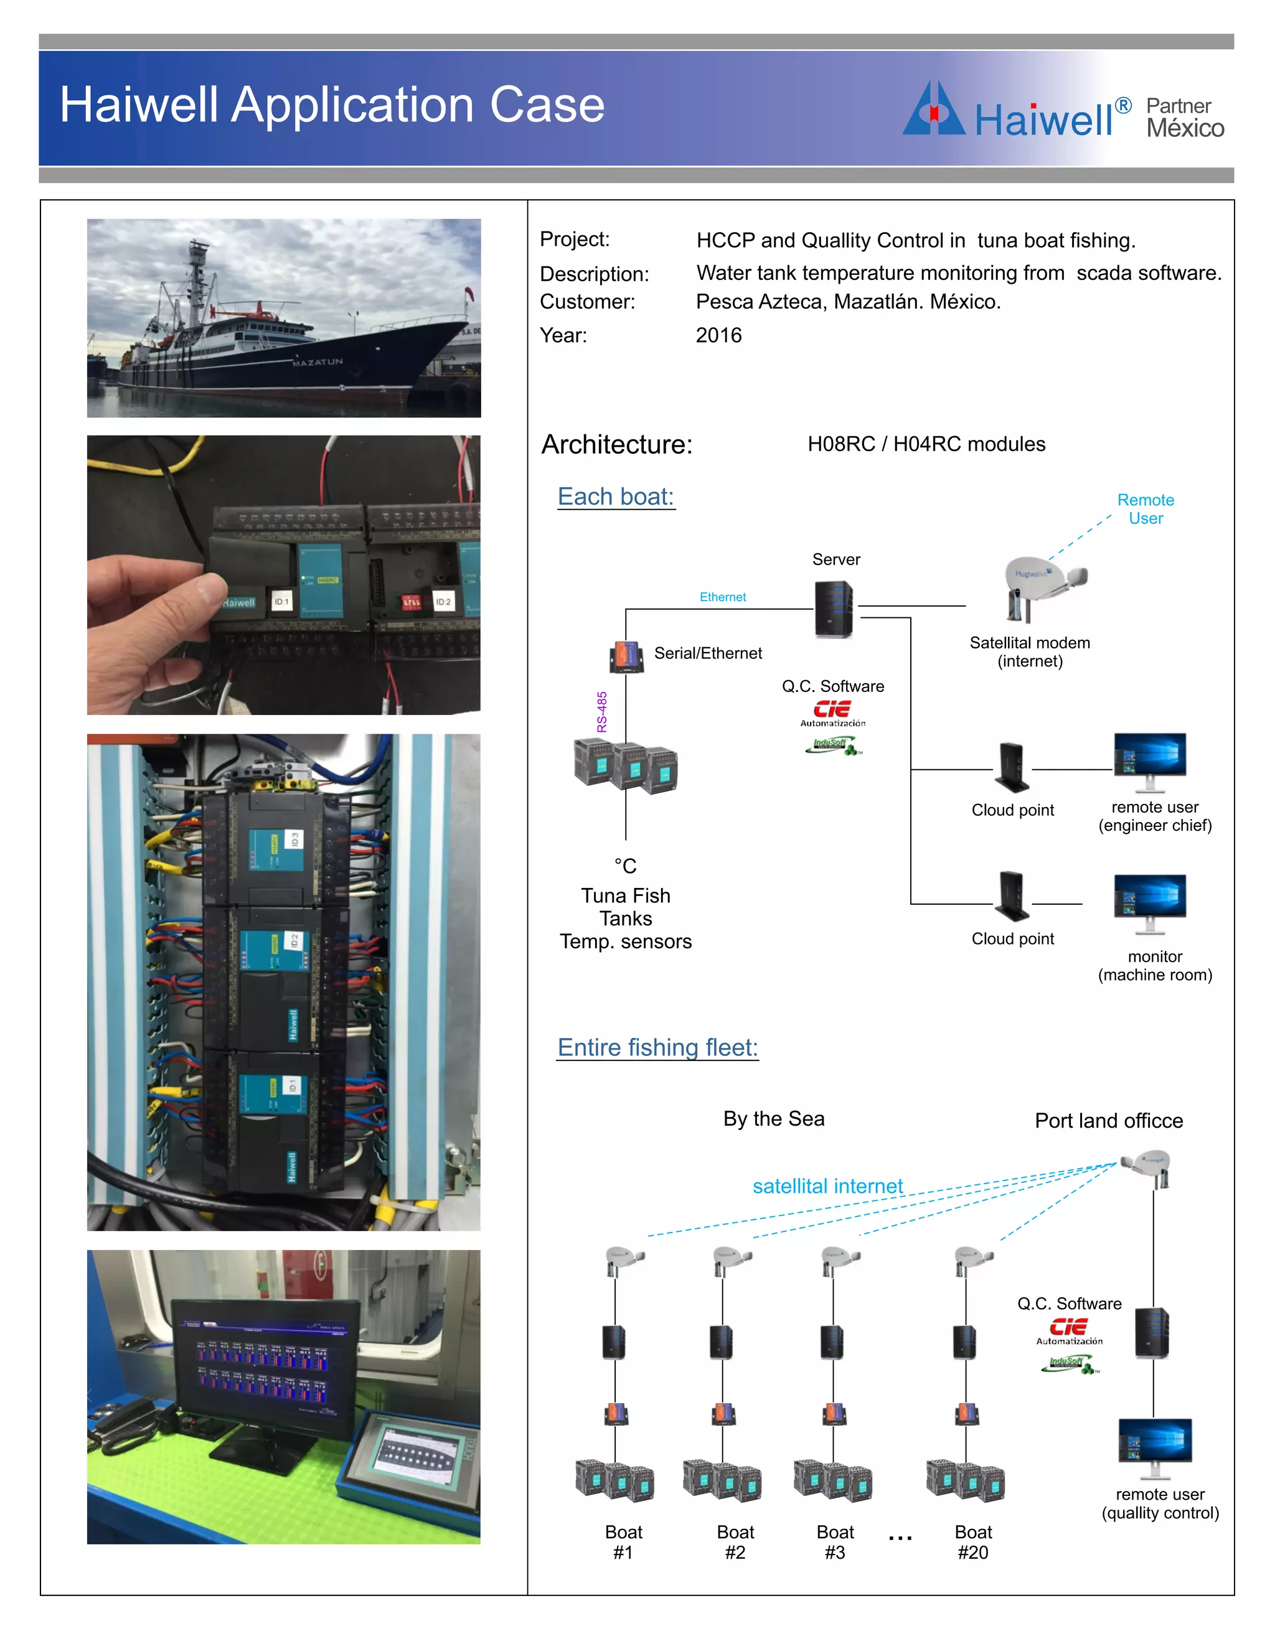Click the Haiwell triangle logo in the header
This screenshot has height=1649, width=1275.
934,110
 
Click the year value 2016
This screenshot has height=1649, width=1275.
718,335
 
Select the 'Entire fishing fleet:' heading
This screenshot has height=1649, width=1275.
657,1047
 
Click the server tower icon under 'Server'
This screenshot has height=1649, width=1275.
834,609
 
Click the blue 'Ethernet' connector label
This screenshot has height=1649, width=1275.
722,597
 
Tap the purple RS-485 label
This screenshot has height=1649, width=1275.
602,711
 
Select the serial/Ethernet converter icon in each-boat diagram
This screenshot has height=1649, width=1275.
626,655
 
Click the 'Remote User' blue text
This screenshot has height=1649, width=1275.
1145,509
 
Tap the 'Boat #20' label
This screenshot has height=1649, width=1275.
973,1542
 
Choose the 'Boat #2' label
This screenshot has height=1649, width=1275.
735,1542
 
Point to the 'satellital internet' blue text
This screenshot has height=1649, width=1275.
827,1186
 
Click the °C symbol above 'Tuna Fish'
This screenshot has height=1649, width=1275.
626,866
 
